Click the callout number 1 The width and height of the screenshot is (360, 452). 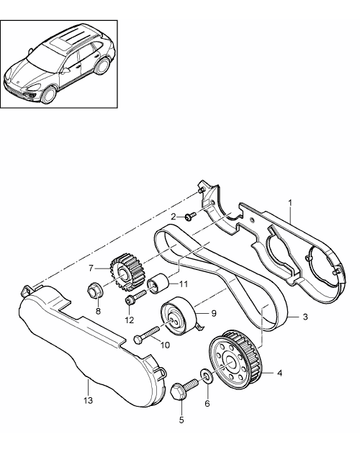(x=290, y=203)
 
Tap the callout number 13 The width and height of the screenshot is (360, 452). (x=89, y=400)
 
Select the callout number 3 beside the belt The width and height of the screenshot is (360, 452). (x=305, y=317)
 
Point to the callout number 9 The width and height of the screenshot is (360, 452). (x=214, y=313)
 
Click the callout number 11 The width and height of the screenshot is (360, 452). (x=184, y=284)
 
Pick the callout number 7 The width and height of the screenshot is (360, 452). (x=91, y=268)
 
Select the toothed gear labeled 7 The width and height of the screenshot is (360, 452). (x=127, y=272)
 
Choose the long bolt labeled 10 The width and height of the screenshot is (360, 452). (x=147, y=335)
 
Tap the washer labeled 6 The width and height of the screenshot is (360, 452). (x=207, y=376)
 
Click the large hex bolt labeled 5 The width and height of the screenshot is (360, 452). (x=184, y=389)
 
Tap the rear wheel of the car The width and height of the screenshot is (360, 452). (x=103, y=66)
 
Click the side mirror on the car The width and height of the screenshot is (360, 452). (x=66, y=70)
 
